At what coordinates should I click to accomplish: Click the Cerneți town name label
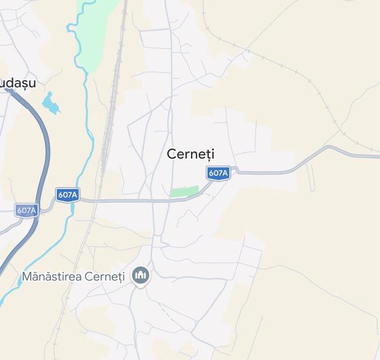coord(190,154)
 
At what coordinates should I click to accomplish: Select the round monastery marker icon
coord(140,276)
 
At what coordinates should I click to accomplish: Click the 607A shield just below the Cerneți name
coord(218,173)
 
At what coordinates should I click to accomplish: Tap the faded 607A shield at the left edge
coord(26,210)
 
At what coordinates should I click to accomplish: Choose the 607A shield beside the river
coord(67,194)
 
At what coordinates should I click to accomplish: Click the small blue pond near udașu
coord(49,102)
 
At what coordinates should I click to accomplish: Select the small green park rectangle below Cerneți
coord(185,191)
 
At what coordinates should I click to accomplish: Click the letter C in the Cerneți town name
coord(171,154)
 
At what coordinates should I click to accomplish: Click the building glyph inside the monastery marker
coord(140,276)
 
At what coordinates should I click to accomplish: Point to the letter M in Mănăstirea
coord(27,277)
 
